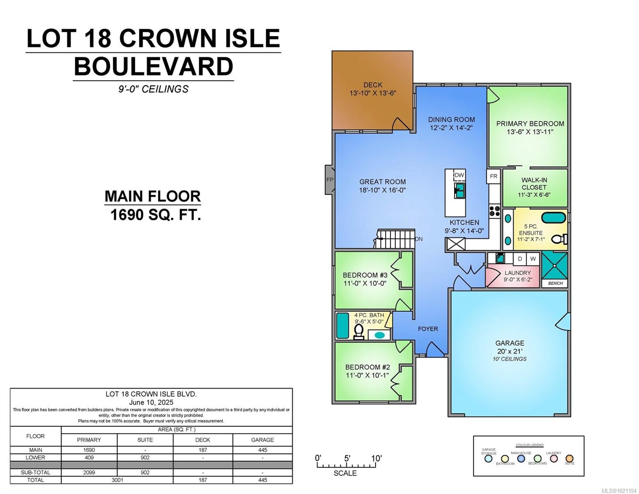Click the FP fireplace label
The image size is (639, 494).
pyautogui.click(x=330, y=179)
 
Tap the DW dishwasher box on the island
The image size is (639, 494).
pyautogui.click(x=459, y=175)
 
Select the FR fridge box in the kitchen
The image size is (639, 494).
pyautogui.click(x=493, y=176)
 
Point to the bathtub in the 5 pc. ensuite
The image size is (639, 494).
pyautogui.click(x=553, y=217)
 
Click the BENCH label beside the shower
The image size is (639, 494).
pyautogui.click(x=555, y=283)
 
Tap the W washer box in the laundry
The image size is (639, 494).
pyautogui.click(x=533, y=259)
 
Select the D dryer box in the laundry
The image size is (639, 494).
pyautogui.click(x=520, y=259)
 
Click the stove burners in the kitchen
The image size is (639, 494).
pyautogui.click(x=494, y=211)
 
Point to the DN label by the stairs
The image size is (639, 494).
pyautogui.click(x=418, y=239)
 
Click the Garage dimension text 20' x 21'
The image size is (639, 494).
pyautogui.click(x=509, y=351)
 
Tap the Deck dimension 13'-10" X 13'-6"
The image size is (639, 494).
pyautogui.click(x=373, y=93)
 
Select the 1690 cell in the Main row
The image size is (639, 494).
pyautogui.click(x=89, y=450)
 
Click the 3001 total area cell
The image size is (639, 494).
pyautogui.click(x=117, y=480)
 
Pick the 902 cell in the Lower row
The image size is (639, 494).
pyautogui.click(x=145, y=457)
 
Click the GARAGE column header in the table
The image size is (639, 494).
pyautogui.click(x=262, y=440)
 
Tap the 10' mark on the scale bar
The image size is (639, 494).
pyautogui.click(x=376, y=459)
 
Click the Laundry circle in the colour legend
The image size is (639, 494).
pyautogui.click(x=553, y=459)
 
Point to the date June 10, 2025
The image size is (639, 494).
pyautogui.click(x=151, y=402)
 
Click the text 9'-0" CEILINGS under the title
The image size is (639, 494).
pyautogui.click(x=153, y=89)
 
